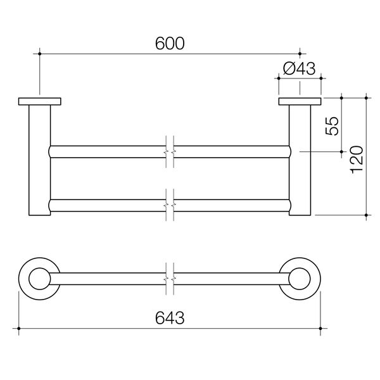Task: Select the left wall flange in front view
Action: (x=40, y=101)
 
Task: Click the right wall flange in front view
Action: (x=300, y=101)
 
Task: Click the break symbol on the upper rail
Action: (x=169, y=152)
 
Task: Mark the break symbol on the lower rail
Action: (x=169, y=206)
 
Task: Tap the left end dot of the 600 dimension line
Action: (x=40, y=54)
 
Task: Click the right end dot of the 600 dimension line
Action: (x=300, y=54)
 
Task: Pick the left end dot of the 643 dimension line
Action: (x=20, y=328)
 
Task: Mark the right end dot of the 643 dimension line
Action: (x=320, y=328)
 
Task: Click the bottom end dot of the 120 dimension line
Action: (x=366, y=216)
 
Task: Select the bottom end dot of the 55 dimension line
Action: (x=341, y=152)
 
